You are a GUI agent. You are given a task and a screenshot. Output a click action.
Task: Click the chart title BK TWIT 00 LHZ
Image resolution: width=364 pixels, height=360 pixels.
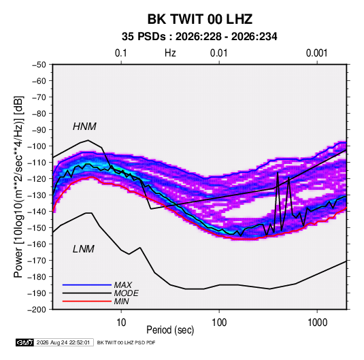200,19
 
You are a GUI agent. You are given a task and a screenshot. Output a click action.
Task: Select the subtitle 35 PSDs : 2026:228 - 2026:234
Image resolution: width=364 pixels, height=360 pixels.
199,37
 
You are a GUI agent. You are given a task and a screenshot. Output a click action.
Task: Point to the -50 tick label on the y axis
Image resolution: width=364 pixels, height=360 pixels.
39,65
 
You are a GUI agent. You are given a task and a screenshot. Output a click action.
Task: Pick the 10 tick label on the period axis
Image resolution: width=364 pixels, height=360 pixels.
121,323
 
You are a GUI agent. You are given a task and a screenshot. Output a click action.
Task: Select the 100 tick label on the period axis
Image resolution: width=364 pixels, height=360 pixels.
219,323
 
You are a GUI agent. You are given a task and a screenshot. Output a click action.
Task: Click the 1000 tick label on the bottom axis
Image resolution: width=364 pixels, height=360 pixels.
317,323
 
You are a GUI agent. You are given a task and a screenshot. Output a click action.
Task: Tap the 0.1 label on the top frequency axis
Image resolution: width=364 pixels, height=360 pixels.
121,53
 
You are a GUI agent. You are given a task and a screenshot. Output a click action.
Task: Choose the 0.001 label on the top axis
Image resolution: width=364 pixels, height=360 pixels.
316,53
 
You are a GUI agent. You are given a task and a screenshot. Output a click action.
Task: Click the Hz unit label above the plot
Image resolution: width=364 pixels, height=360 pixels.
170,53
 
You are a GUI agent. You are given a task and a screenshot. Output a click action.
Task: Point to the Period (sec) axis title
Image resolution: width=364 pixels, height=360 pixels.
170,330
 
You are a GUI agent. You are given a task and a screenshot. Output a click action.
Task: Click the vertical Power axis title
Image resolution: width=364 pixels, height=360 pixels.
18,186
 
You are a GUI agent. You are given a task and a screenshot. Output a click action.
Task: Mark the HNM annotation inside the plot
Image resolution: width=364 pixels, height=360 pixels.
84,127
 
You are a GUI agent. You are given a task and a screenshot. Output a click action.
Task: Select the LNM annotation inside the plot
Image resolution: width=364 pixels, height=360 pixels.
84,249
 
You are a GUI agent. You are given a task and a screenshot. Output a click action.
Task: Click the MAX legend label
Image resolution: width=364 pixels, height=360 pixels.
123,285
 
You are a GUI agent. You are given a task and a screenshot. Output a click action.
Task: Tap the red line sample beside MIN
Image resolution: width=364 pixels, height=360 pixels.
87,301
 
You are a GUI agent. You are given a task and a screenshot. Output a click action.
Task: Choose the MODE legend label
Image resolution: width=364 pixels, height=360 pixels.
127,293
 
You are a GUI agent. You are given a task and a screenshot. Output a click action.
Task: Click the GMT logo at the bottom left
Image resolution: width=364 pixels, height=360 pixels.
25,342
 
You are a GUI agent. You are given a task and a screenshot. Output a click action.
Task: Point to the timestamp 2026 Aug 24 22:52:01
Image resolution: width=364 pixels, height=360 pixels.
63,342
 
